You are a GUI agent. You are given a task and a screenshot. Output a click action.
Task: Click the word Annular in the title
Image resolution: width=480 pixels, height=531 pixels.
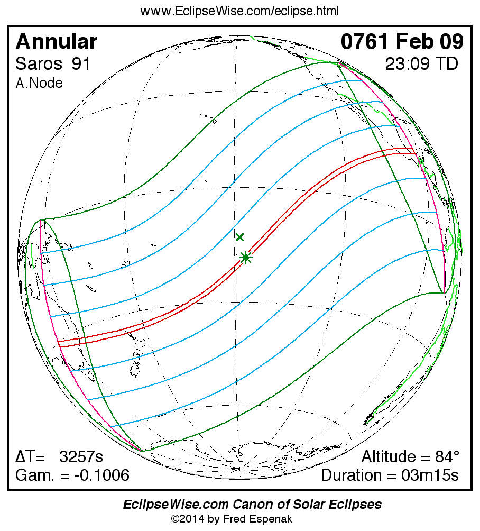tap(57, 42)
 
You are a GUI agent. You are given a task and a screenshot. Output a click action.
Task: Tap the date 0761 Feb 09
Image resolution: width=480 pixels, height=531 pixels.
tap(402, 42)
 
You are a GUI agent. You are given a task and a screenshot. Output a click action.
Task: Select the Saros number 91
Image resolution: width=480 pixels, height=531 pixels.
tap(82, 64)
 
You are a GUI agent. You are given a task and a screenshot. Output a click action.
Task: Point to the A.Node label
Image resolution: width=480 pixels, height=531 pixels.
tap(39, 83)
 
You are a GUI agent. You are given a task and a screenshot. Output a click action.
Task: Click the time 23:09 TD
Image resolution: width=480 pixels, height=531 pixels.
tap(421, 64)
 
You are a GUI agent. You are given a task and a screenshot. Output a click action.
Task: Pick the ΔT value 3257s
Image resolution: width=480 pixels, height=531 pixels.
tap(81, 457)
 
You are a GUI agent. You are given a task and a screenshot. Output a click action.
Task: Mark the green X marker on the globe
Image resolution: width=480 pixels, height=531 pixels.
tap(240, 237)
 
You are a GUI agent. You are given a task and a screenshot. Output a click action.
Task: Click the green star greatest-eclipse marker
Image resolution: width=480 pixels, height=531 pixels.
tap(245, 258)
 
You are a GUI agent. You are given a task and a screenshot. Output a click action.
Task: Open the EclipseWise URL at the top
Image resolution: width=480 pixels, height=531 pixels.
tap(239, 11)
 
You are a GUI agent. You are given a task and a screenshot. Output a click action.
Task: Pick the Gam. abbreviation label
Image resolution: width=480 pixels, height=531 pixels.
tap(33, 475)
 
